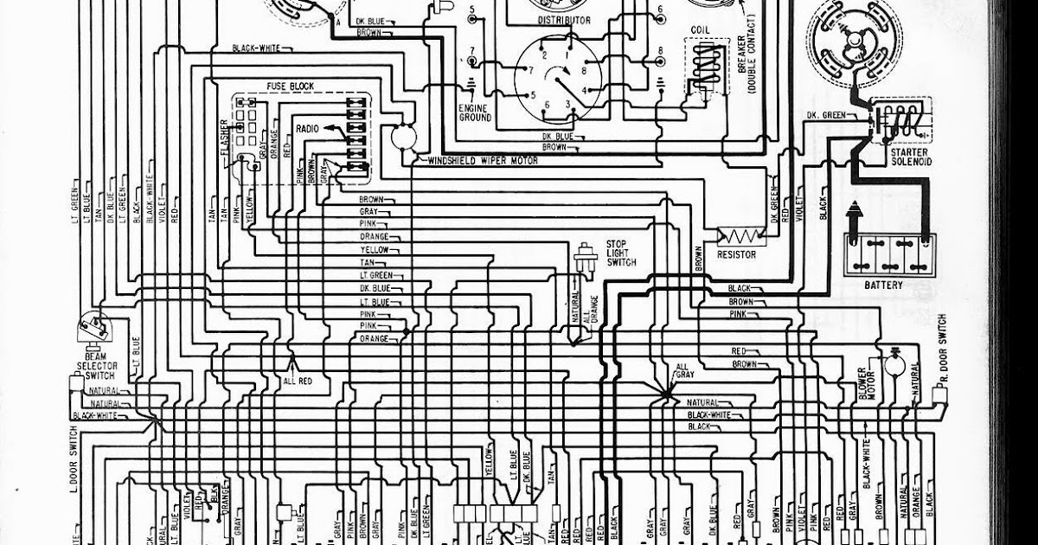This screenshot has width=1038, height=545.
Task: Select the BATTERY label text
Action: pos(882,285)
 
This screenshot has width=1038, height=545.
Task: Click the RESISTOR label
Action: pos(735,255)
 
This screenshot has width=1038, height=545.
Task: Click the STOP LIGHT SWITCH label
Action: pos(621,253)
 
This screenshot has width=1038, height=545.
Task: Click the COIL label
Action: pos(700,30)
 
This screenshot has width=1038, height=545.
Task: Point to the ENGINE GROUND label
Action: pos(475,112)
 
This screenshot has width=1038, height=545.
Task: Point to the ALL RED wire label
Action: pos(296,380)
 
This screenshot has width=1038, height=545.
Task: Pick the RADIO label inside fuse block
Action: pos(307,128)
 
